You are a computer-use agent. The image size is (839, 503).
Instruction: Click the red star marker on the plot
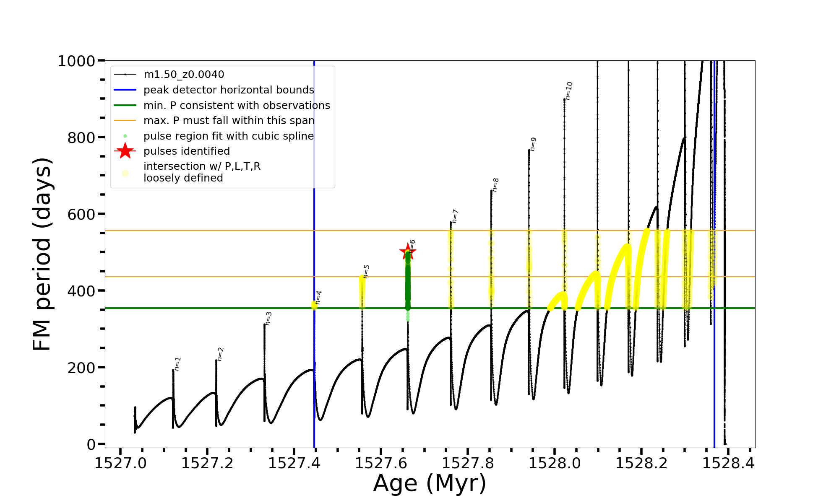tap(407, 252)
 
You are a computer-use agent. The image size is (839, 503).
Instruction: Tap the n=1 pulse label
tap(177, 364)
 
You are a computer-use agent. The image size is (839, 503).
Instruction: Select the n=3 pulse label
tap(268, 318)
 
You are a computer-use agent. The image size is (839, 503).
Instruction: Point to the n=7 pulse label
tap(455, 216)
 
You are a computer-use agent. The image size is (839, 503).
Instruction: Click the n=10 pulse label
tap(568, 91)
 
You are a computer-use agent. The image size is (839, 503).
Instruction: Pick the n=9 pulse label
tap(533, 144)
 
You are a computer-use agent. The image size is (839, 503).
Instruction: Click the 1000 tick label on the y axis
tap(76, 61)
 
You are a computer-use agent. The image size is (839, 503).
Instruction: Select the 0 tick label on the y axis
tap(91, 444)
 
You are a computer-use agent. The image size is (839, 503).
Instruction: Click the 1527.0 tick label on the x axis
tap(120, 464)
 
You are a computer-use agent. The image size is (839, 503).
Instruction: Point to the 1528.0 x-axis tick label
tap(555, 464)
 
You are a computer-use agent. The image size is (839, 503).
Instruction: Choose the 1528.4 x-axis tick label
tap(728, 464)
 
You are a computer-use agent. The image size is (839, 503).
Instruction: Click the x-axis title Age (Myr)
tap(430, 483)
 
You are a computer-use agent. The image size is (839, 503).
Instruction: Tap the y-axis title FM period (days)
tap(42, 254)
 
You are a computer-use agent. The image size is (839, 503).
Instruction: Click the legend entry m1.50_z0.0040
tap(184, 75)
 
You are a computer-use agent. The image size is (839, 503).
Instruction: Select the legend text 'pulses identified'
tap(187, 151)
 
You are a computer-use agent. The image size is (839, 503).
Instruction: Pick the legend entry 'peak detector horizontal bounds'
tap(229, 90)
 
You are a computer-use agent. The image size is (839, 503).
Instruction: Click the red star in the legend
tap(125, 151)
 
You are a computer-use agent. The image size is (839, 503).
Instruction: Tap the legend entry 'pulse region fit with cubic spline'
tap(229, 136)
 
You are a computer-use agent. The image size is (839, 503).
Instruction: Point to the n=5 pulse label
tap(366, 271)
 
